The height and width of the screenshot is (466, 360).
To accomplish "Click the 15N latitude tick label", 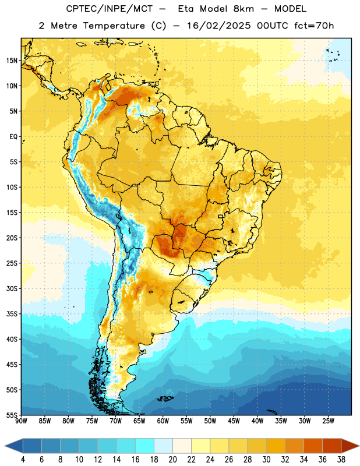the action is [x=12, y=61].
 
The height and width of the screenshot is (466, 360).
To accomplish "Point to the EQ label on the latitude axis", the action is [x=13, y=137].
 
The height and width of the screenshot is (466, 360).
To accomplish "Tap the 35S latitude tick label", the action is [x=12, y=314].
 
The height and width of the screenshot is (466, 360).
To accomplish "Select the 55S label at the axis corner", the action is [x=12, y=415].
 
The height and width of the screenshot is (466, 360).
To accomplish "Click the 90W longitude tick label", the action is [x=21, y=421].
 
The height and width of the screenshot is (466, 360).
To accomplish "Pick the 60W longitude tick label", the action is [x=163, y=421].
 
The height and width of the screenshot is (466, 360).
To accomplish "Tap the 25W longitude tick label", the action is [x=328, y=421].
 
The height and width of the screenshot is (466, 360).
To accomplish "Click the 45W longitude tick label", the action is [x=234, y=421].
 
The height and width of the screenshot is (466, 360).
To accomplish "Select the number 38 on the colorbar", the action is [x=341, y=460].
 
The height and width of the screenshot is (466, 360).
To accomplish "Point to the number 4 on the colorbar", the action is [x=23, y=460].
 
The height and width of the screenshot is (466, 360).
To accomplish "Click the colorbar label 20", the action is [x=172, y=460].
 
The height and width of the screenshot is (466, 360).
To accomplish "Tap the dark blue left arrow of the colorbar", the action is [x=14, y=446].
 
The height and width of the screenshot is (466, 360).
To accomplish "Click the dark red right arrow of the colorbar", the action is [x=350, y=446].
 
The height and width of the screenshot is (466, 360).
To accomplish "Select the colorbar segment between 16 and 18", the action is [x=144, y=446].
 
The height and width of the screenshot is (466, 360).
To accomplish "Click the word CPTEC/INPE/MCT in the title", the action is [x=109, y=9].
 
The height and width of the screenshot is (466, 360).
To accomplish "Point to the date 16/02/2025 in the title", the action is [x=219, y=26].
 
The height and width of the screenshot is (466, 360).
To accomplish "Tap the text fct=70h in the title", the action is [x=314, y=26].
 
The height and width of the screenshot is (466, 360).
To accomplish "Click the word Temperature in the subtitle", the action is [x=114, y=26].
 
